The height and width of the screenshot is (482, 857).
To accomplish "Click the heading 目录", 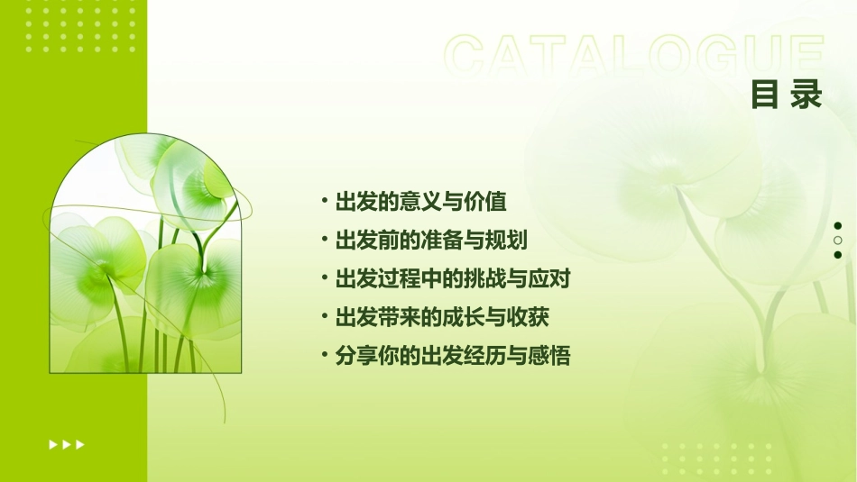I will (787, 95).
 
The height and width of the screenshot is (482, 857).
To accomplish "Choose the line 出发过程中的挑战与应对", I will (452, 279).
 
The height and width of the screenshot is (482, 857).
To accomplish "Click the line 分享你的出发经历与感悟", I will (452, 357).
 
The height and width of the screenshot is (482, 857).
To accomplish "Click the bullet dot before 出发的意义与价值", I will (324, 201).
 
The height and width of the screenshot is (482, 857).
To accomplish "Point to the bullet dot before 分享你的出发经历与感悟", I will (324, 357).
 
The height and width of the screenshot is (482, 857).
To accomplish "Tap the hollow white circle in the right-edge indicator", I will (838, 241).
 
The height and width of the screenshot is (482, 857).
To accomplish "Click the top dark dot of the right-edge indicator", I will (838, 226).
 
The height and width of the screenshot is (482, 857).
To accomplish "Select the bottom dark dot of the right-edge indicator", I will (838, 255).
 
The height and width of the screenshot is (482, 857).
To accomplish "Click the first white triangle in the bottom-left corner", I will (52, 444).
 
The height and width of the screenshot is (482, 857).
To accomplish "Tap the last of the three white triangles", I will (80, 444).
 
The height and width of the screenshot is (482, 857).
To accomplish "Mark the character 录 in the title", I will (806, 95).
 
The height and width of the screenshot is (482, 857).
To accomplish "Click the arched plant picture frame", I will (144, 257).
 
